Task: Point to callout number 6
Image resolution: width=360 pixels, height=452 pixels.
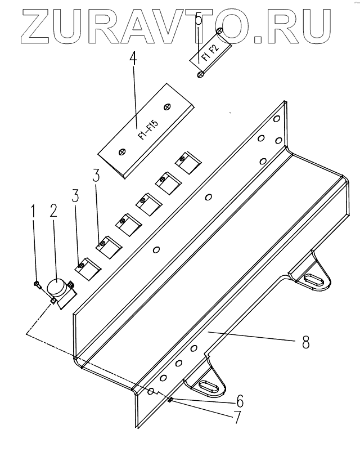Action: [240, 401]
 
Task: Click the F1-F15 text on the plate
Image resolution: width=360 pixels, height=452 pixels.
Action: [147, 127]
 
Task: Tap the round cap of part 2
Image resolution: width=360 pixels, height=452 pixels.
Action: [56, 287]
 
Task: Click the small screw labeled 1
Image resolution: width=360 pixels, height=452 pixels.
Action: [37, 284]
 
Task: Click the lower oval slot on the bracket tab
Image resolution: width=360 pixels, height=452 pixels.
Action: [205, 386]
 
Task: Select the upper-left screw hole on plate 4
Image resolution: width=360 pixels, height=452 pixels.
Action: [168, 105]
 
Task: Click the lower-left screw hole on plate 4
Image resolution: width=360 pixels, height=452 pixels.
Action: [122, 151]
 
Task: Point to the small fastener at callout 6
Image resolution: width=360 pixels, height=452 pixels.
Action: [169, 400]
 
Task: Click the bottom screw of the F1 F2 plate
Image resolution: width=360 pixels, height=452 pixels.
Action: [200, 74]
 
